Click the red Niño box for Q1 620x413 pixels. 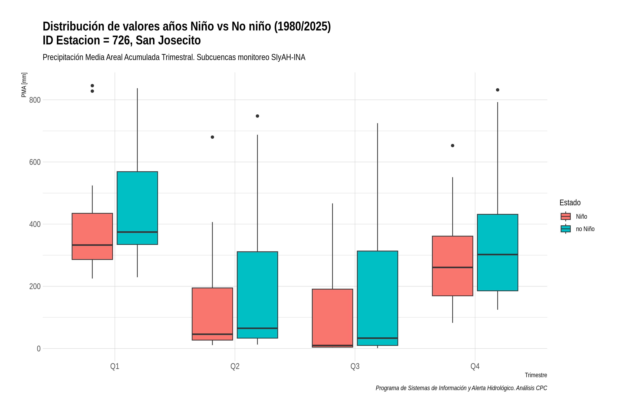pyautogui.click(x=92, y=236)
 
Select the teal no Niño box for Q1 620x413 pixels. pyautogui.click(x=137, y=208)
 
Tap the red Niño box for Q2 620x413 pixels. pyautogui.click(x=213, y=314)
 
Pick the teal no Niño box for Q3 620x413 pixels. pyautogui.click(x=378, y=298)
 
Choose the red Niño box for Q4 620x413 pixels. pyautogui.click(x=453, y=266)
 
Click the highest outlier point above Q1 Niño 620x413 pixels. pyautogui.click(x=92, y=86)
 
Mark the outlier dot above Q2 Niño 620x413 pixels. pyautogui.click(x=213, y=137)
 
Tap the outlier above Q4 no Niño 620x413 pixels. pyautogui.click(x=498, y=90)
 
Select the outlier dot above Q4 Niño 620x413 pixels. pyautogui.click(x=453, y=146)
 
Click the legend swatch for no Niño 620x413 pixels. pyautogui.click(x=566, y=229)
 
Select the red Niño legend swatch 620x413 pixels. pyautogui.click(x=566, y=216)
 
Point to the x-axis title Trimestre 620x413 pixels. pyautogui.click(x=536, y=375)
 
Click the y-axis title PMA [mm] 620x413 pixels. pyautogui.click(x=24, y=85)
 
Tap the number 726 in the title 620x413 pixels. pyautogui.click(x=121, y=40)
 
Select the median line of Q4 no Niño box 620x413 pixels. pyautogui.click(x=498, y=255)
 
